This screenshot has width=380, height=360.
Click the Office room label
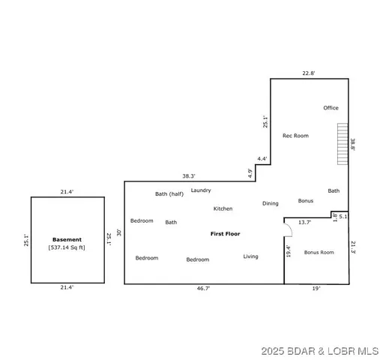(331, 108)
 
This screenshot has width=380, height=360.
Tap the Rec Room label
(295, 136)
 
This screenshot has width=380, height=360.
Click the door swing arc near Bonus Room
(287, 226)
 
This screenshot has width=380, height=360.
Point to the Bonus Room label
(319, 252)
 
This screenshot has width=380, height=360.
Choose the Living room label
(250, 256)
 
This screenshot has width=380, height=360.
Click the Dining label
(270, 203)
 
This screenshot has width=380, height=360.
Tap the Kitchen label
(223, 208)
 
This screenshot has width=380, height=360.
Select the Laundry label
(201, 190)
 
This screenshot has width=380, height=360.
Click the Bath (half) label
(169, 194)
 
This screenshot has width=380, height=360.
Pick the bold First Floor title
(225, 234)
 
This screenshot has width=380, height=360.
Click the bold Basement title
(67, 240)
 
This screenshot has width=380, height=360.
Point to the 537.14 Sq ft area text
(67, 247)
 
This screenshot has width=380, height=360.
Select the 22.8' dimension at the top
(309, 73)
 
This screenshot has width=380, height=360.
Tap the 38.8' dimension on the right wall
(352, 145)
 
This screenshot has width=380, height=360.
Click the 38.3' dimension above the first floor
(188, 176)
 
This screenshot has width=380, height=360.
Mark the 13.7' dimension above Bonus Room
(304, 222)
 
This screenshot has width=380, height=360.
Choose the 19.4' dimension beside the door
(288, 251)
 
